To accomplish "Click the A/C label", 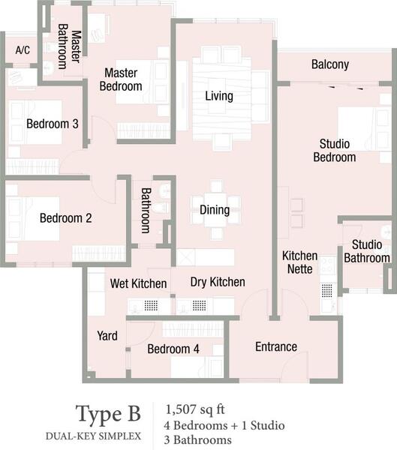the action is (x=23, y=50).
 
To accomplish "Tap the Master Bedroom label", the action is (x=121, y=79).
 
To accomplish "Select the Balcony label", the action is (x=330, y=64).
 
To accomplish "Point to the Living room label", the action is (x=219, y=96).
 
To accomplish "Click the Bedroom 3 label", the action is (x=53, y=124).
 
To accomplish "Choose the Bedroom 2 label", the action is (x=66, y=218).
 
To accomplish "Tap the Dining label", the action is (x=215, y=210).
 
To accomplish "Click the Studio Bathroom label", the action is (x=367, y=251).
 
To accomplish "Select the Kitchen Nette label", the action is (x=300, y=262).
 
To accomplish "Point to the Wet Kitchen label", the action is (x=138, y=283).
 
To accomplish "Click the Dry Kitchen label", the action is (x=218, y=282).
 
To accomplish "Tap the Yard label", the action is (x=107, y=335).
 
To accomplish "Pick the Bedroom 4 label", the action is (x=173, y=349).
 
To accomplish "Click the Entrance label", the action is (x=276, y=346).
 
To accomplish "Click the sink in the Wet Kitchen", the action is (x=151, y=305).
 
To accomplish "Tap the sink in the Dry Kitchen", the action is (x=199, y=305).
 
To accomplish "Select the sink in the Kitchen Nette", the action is (x=327, y=290).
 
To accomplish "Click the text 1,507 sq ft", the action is (x=195, y=409).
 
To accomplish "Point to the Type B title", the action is (x=108, y=414).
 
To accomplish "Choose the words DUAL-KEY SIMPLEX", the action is (x=93, y=436).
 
